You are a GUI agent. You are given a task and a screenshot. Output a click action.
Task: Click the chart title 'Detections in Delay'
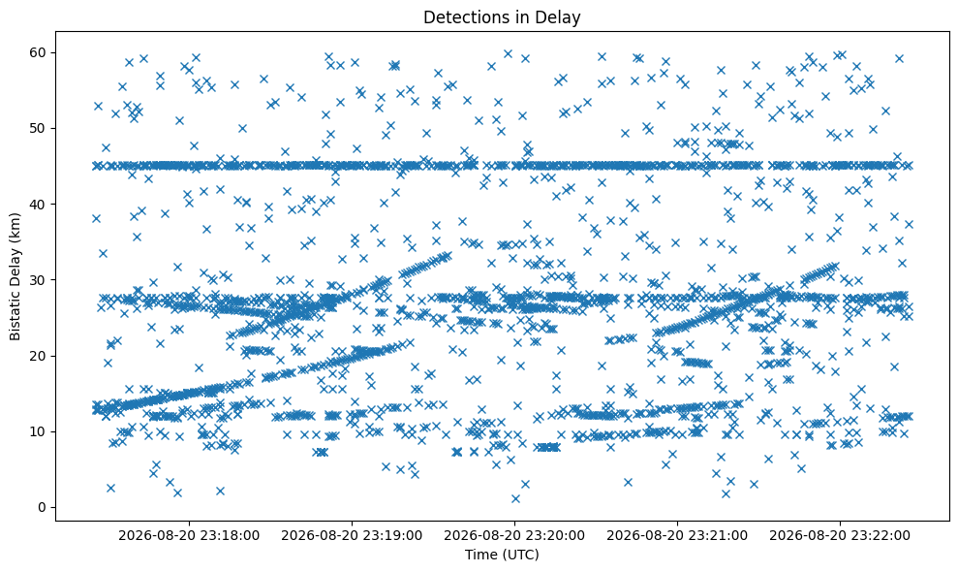click(502, 17)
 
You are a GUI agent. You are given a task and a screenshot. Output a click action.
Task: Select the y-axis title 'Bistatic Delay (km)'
click(15, 276)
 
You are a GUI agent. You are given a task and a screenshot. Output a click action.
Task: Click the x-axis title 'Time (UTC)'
click(502, 555)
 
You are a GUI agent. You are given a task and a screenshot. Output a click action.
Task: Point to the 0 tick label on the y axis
click(43, 507)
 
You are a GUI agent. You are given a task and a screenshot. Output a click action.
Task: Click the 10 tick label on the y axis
click(38, 431)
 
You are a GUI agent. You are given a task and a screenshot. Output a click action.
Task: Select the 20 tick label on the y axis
click(38, 356)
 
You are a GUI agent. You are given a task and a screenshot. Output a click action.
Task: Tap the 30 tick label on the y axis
click(38, 279)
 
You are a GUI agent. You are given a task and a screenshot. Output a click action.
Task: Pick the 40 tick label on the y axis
click(38, 204)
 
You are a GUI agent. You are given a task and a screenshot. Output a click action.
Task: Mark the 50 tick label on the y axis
click(38, 128)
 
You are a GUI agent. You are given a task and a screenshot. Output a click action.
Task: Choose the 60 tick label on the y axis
click(38, 52)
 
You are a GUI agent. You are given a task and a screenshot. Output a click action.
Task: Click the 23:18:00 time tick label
click(189, 536)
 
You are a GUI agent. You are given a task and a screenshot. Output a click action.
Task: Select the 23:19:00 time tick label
click(352, 536)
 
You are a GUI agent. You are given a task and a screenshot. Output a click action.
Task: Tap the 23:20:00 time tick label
click(513, 536)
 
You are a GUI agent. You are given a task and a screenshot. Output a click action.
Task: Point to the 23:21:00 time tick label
click(677, 536)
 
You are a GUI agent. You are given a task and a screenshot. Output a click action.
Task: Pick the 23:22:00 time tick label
click(840, 536)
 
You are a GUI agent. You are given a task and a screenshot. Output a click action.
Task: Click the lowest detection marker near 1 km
click(515, 498)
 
